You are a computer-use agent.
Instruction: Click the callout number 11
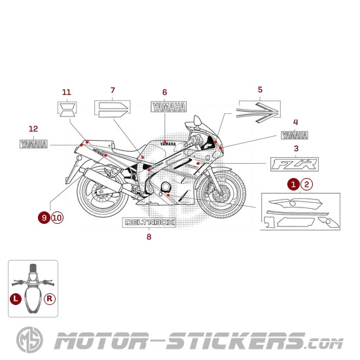tap(66, 92)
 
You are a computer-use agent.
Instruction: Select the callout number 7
tap(113, 90)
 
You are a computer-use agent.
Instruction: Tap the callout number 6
tap(164, 92)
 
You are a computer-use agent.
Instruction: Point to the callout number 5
tap(260, 89)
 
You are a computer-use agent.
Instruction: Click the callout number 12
tap(34, 129)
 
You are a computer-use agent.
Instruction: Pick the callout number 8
tap(149, 236)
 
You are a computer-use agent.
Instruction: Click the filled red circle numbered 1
tap(294, 185)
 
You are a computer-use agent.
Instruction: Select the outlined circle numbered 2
tap(307, 185)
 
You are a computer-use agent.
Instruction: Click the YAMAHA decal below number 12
tap(34, 143)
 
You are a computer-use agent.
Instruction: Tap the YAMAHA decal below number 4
tap(295, 135)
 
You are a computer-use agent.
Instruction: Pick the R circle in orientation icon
tap(50, 298)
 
